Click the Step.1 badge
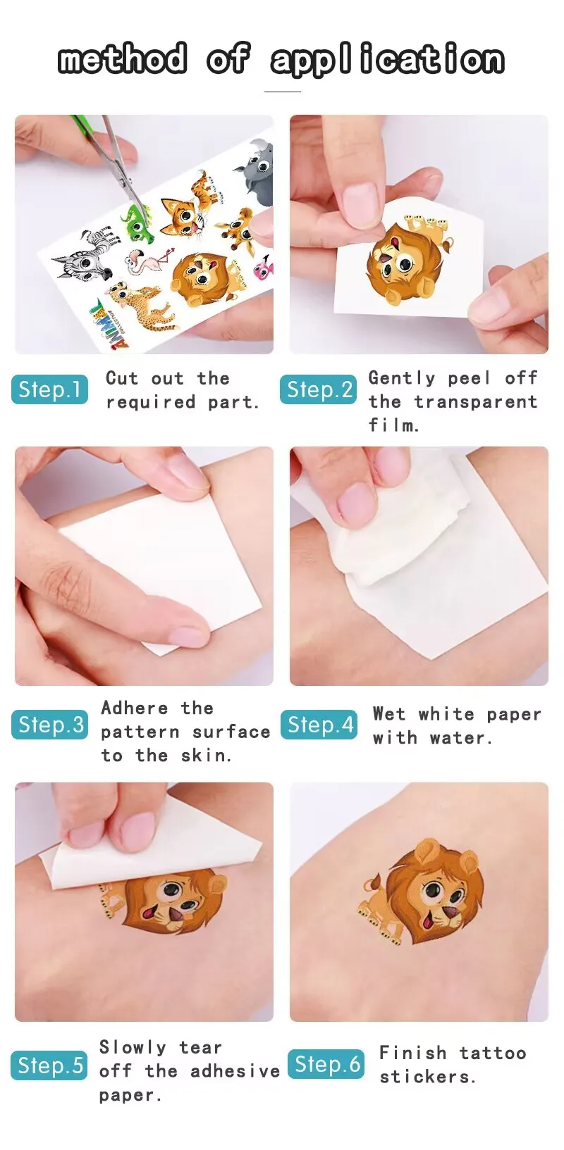49,389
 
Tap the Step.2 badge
318,389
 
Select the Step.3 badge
49,725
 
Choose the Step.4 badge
319,725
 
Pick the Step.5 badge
49,1065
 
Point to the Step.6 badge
326,1064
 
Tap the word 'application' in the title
387,61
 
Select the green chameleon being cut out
136,220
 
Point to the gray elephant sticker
255,172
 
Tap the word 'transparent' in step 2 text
476,402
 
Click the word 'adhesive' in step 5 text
235,1071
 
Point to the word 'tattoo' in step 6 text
493,1054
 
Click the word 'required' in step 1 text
151,403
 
